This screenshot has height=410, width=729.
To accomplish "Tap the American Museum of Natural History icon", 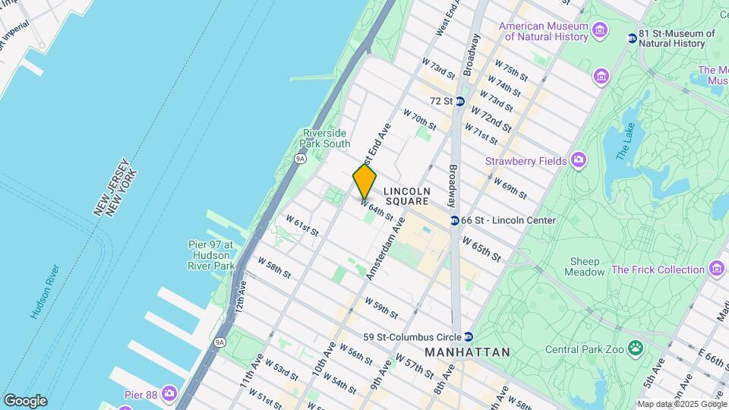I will click(601, 31).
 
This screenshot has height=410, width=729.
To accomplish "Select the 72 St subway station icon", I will click(460, 100).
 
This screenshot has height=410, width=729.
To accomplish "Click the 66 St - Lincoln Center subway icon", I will click(454, 220).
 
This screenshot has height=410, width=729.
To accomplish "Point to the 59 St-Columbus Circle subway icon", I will click(469, 337).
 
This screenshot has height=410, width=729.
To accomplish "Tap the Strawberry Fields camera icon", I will click(579, 160).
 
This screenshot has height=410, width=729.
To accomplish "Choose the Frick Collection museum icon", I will click(716, 269).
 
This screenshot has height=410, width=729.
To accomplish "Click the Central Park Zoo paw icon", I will click(634, 349).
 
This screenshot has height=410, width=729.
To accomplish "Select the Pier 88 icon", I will click(169, 394).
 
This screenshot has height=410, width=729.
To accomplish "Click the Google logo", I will click(25, 401).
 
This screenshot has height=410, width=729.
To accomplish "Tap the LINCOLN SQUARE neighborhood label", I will click(407, 196).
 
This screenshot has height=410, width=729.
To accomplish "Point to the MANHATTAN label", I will click(466, 352).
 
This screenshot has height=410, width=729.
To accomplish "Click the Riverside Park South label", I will click(327, 138).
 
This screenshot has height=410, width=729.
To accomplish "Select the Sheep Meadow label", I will click(585, 266).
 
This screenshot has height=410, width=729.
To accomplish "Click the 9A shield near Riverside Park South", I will click(300, 159).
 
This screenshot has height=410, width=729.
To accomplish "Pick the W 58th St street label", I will click(273, 267).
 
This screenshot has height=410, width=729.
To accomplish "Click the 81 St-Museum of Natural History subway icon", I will click(632, 38).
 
